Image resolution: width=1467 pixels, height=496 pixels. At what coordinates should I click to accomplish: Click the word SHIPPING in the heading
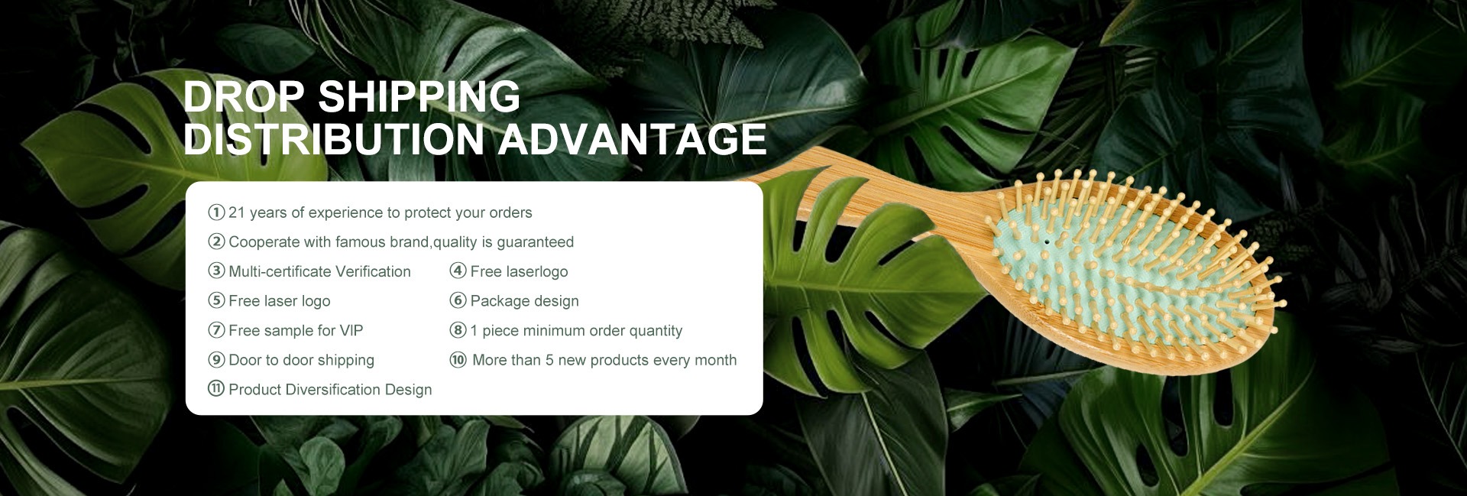point(419,97)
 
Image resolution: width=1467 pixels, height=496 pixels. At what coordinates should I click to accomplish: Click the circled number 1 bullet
point(216,212)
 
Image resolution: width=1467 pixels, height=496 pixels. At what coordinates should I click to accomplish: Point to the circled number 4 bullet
point(458,271)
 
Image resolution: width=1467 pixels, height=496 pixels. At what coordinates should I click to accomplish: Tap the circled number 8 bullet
point(458,330)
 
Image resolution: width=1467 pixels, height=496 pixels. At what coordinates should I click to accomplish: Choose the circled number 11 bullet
point(216,389)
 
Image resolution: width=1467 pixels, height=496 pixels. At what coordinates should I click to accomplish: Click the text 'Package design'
point(524,301)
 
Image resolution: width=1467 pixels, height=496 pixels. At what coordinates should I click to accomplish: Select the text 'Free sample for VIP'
point(296,330)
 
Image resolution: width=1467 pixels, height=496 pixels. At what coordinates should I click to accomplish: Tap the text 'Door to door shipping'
point(301,360)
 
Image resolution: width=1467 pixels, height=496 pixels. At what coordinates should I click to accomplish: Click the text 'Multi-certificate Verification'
point(319,271)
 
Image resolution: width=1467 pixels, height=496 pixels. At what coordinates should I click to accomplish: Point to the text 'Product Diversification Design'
point(330,390)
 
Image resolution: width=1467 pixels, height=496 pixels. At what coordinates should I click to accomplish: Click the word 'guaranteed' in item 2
point(535,242)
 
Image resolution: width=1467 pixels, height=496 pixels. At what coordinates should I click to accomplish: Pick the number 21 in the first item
point(237,212)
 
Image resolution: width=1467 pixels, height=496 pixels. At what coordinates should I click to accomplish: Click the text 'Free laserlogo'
point(519,272)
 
